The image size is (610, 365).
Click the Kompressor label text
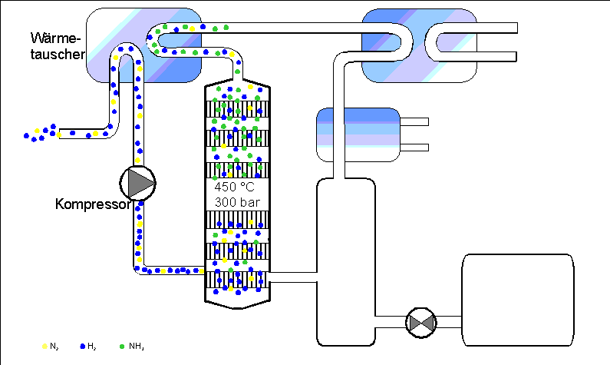(93, 204)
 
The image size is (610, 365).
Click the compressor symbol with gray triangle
(137, 183)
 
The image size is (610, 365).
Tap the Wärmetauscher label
(58, 46)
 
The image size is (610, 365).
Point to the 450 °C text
(234, 187)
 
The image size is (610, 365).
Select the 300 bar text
(237, 203)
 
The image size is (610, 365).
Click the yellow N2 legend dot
(45, 347)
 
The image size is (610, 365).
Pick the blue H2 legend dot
(82, 347)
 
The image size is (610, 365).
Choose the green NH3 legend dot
(122, 347)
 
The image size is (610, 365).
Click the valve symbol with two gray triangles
(421, 323)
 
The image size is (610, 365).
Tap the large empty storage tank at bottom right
(518, 300)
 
